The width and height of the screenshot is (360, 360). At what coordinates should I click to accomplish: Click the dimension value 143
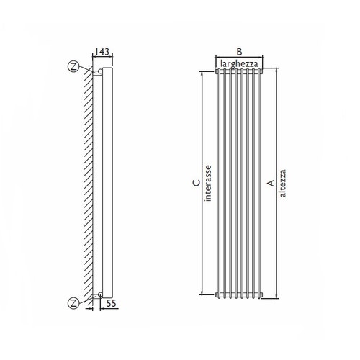(x=103, y=53)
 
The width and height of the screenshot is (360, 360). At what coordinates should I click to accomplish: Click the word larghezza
(x=239, y=63)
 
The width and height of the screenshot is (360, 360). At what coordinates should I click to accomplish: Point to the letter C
(x=197, y=184)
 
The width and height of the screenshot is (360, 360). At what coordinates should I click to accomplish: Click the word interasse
(x=208, y=184)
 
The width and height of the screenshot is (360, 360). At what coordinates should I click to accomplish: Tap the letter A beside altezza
(x=270, y=184)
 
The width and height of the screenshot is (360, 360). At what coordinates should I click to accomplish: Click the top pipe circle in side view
(x=99, y=71)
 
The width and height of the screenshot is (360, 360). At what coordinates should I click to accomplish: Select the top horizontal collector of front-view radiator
(x=239, y=73)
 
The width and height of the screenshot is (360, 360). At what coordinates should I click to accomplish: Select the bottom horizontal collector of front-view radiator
(x=239, y=294)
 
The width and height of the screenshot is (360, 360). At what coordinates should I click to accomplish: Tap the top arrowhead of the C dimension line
(x=202, y=74)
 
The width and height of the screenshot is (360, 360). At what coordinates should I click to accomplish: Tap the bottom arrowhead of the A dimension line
(x=276, y=296)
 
